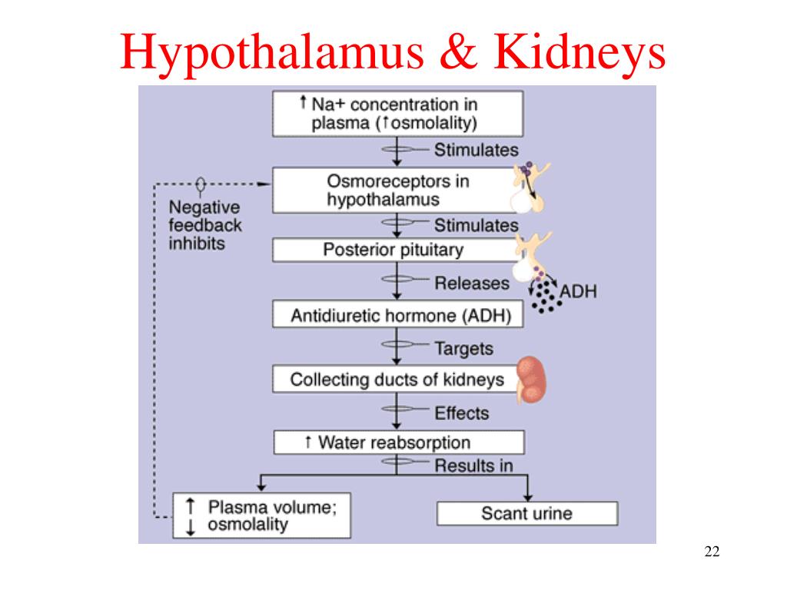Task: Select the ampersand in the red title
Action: tap(458, 51)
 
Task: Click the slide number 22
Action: tap(712, 552)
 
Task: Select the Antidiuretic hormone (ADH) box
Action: tap(397, 314)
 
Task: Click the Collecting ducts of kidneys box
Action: tap(397, 379)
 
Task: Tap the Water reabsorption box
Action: tap(399, 442)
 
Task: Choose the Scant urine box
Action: tap(527, 513)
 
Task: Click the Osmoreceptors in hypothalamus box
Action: tap(397, 191)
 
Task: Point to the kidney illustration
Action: tap(531, 380)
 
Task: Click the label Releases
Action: tap(472, 283)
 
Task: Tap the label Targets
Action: tap(463, 349)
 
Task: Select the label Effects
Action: tap(462, 413)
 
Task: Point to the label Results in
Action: tap(473, 466)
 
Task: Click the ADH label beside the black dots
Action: tap(578, 291)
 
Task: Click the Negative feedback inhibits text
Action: tap(204, 225)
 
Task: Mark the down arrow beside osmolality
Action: tap(191, 527)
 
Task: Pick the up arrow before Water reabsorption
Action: tap(307, 442)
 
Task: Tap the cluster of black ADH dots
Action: tap(546, 296)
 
